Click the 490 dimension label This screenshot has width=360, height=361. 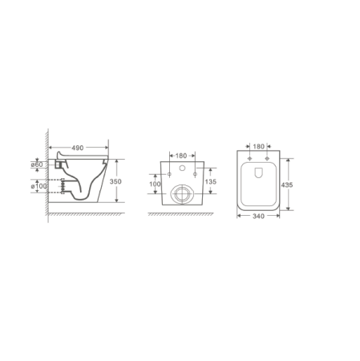[x=78, y=148]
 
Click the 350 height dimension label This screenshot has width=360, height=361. [x=115, y=181]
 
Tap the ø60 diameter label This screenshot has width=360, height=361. [x=37, y=164]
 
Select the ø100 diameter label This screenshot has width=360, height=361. [x=39, y=186]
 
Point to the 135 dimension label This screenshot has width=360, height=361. [x=211, y=182]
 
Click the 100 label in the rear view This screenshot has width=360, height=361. [x=155, y=185]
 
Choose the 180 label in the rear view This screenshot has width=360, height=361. [x=181, y=156]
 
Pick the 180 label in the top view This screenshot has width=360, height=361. [x=258, y=147]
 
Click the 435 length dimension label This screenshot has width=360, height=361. [x=287, y=185]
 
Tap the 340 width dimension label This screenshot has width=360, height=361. [x=258, y=216]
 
